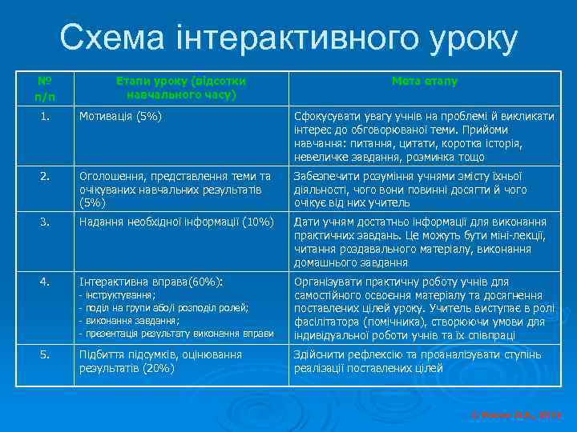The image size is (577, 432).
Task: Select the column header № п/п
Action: point(44,88)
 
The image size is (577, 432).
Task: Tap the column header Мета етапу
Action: point(425,81)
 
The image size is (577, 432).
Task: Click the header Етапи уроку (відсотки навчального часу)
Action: point(180,87)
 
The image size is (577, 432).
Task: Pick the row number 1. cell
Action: point(44,117)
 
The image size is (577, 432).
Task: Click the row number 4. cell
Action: point(44,282)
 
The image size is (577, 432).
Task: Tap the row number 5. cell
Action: point(44,354)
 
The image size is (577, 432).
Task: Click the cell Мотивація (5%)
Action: point(120,117)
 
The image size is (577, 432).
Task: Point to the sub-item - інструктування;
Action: point(117,295)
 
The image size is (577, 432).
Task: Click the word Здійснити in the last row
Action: point(319,354)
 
